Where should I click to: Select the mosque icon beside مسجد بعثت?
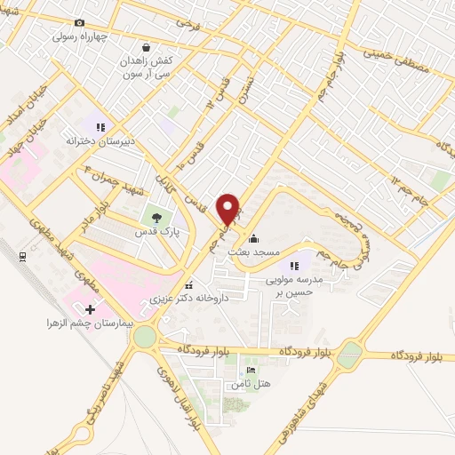pos(254,237)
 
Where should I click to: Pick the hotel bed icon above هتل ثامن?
pos(250,371)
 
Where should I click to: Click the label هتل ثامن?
pos(248,384)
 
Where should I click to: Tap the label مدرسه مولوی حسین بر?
pos(294,284)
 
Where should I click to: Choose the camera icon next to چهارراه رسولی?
pos(79,22)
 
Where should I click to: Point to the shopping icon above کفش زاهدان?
pos(145,48)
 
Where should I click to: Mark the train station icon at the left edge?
pos(23,257)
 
